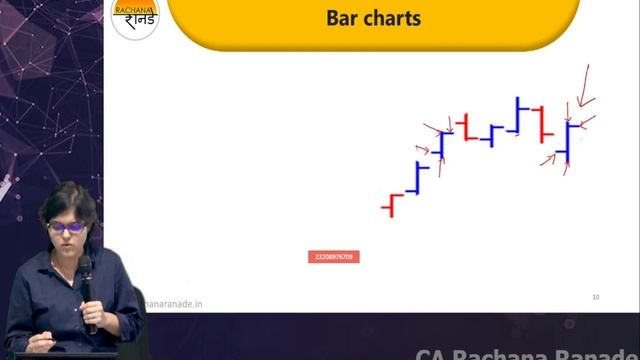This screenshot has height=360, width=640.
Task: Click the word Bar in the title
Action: [x=342, y=18]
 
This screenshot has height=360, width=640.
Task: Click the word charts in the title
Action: [x=390, y=18]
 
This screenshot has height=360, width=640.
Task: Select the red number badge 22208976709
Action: [x=333, y=257]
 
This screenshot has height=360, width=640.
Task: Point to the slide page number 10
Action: [x=595, y=297]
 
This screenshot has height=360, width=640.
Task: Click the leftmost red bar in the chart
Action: [x=391, y=207]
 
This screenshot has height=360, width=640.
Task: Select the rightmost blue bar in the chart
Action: [x=568, y=143]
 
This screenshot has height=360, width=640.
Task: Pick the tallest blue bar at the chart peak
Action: [x=517, y=115]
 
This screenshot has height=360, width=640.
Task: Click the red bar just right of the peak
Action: [x=541, y=123]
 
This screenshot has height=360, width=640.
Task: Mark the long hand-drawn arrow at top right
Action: [x=585, y=88]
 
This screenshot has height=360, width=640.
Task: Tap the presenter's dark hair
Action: [x=67, y=200]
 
